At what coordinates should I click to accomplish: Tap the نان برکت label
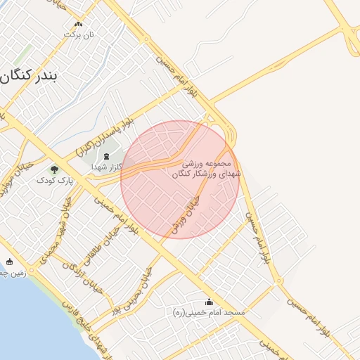pos(78,34)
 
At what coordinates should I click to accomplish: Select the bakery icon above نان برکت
pos(78,24)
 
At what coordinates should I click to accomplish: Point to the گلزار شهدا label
pos(107,167)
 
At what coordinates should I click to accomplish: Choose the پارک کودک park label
pos(55,181)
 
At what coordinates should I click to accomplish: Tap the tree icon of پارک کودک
pos(55,169)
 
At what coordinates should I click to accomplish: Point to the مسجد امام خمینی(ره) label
pos(208,311)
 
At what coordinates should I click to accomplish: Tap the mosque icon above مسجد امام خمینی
pos(208,302)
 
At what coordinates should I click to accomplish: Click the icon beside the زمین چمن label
pos(8,262)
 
